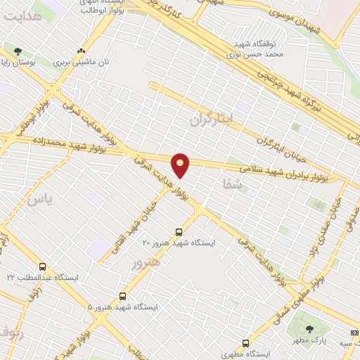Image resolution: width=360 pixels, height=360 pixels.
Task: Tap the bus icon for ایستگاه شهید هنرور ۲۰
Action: [179, 231]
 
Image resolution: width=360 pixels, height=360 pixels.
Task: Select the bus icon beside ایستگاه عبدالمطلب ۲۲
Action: [43, 267]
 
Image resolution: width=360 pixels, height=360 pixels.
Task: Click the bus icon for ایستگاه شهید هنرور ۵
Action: [123, 297]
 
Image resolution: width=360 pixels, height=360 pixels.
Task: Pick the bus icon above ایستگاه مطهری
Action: [245, 343]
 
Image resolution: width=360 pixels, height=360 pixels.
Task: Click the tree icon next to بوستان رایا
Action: [18, 51]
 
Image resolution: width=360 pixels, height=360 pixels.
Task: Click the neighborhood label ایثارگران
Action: [210, 120]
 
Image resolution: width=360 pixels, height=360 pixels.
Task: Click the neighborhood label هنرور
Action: [146, 262]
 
